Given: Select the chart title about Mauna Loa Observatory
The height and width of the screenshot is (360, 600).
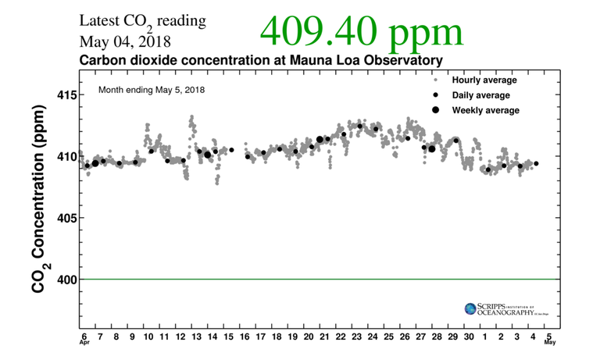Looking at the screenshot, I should pyautogui.click(x=261, y=60).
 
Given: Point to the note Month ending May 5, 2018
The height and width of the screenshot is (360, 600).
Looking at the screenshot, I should pyautogui.click(x=152, y=90).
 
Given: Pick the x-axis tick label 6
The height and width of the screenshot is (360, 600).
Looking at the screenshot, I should pyautogui.click(x=84, y=336).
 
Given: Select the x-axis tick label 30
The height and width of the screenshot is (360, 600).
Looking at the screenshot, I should pyautogui.click(x=468, y=336).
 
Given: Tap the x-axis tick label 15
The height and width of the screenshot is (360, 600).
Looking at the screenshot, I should pyautogui.click(x=228, y=336).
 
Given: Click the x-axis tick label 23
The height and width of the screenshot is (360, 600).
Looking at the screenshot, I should pyautogui.click(x=356, y=336).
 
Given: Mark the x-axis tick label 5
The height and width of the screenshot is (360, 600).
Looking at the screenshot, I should pyautogui.click(x=550, y=336).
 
